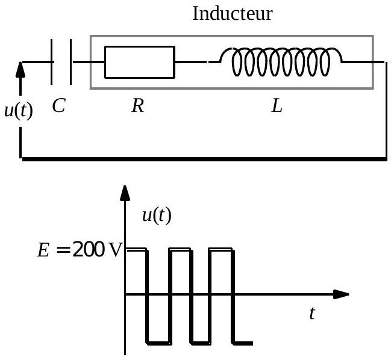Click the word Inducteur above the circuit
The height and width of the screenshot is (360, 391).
coord(231,14)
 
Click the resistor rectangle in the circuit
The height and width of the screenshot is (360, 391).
coord(139,61)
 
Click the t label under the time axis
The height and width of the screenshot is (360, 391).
coord(311,313)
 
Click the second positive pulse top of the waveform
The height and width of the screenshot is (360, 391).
coord(180,248)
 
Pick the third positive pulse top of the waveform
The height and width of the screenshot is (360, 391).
coord(221,248)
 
